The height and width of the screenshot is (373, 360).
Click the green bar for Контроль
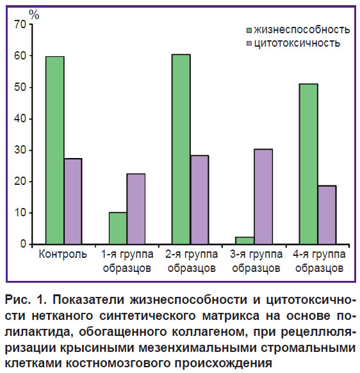pos(55,150)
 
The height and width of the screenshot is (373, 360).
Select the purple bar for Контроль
pos(73,202)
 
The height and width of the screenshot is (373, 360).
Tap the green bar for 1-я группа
pos(118,228)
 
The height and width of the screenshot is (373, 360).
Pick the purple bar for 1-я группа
pos(136,209)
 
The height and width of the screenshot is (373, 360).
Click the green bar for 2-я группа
pos(181,149)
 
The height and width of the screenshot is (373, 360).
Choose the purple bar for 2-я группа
pos(199,200)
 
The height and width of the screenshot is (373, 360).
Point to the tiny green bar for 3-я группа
pos(245,241)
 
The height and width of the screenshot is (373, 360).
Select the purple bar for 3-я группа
pos(263,196)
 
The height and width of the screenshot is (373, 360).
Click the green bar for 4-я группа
pos(309,164)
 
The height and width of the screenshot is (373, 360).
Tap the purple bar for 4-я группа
pos(327,215)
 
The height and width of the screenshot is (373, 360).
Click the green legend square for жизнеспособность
pos(249,31)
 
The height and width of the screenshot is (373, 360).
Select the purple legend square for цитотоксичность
pos(249,44)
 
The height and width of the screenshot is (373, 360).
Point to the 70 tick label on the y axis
pos(20,24)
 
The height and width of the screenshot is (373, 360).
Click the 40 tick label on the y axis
pos(20,118)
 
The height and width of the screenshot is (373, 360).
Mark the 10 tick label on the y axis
pos(20,212)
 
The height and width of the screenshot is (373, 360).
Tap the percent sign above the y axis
pos(34,15)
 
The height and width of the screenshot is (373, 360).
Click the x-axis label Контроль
pos(63,254)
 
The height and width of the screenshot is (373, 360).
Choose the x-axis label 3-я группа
pos(256,254)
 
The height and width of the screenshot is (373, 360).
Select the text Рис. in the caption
pos(18,299)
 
